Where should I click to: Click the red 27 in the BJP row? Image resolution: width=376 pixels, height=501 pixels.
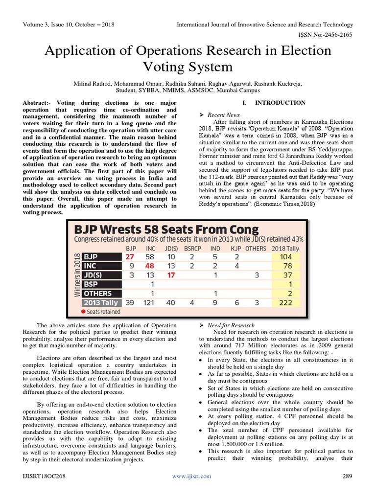130,257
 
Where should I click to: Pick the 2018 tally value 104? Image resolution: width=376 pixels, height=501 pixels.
284,257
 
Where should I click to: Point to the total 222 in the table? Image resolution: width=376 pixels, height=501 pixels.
284,303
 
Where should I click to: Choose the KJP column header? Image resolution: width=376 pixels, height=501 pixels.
236,248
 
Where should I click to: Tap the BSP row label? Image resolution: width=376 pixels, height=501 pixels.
94,284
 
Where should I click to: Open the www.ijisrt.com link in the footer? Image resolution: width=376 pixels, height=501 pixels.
191,476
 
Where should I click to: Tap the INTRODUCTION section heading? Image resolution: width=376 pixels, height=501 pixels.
280,103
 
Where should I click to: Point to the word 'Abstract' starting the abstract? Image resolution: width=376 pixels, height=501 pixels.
38,103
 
